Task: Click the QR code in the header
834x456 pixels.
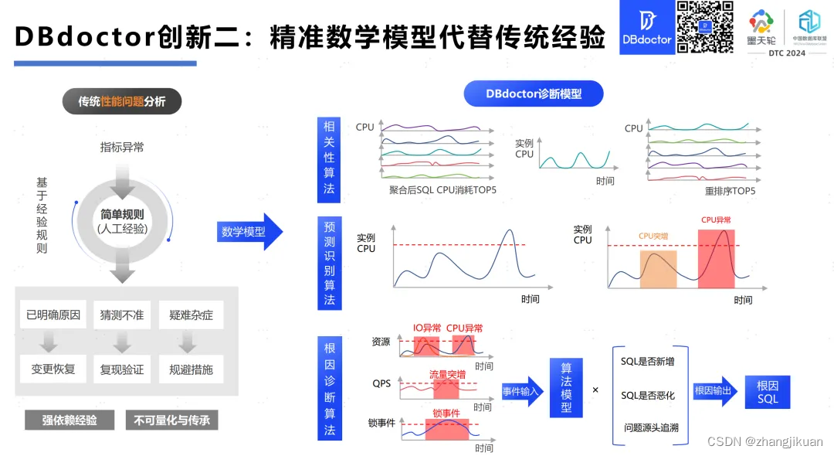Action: click(704, 27)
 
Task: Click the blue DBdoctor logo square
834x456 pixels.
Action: click(646, 27)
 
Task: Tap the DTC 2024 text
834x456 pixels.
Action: click(787, 53)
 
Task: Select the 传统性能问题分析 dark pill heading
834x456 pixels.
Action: click(121, 101)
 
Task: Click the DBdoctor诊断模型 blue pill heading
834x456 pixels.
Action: click(533, 94)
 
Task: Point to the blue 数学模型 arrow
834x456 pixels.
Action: click(249, 232)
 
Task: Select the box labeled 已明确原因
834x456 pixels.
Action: click(53, 315)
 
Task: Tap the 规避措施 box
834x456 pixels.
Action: click(191, 369)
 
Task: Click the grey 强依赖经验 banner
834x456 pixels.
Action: click(69, 420)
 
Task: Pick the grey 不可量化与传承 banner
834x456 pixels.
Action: click(172, 420)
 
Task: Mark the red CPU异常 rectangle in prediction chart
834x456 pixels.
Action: click(716, 255)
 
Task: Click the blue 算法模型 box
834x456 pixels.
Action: click(566, 391)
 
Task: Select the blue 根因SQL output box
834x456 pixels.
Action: click(768, 392)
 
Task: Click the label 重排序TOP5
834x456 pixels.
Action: click(730, 191)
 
